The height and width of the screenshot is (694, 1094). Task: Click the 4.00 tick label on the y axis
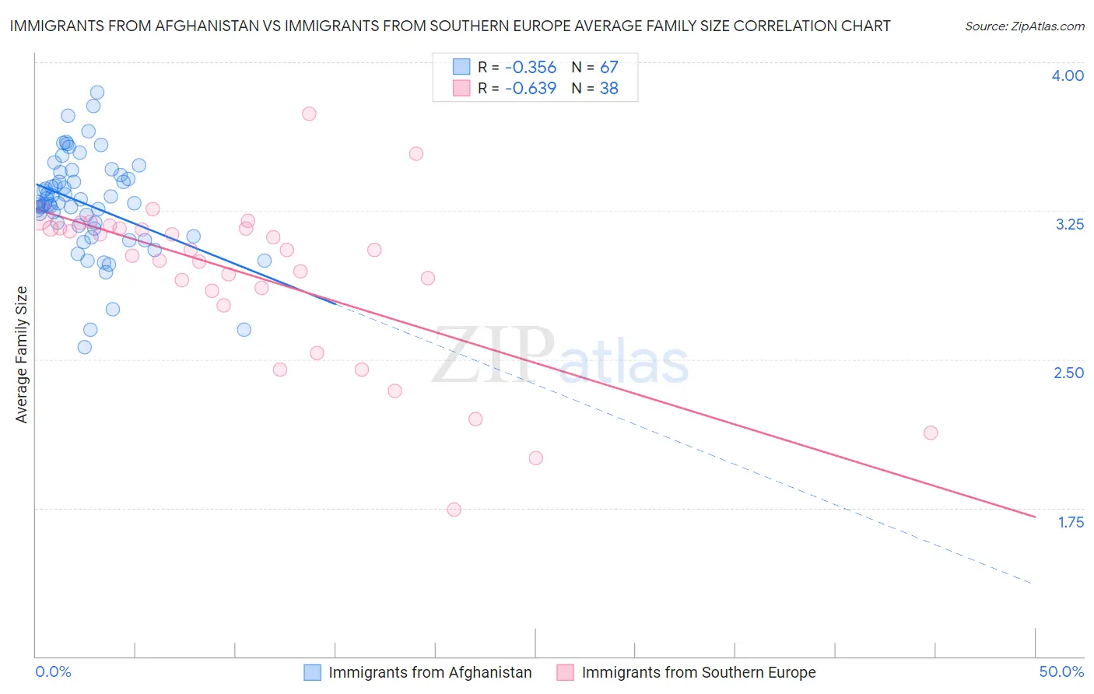click(1068, 75)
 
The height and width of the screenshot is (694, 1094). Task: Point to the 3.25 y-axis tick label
click(1069, 224)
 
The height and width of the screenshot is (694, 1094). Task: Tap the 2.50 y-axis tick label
click(1068, 373)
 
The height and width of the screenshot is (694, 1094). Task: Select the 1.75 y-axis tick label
click(1071, 522)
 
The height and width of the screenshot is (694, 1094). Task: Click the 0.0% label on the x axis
click(53, 671)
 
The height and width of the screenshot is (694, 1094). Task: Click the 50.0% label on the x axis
click(1061, 671)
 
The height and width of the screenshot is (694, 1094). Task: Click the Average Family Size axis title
click(22, 355)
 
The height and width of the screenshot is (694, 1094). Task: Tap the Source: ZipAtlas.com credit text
click(1024, 26)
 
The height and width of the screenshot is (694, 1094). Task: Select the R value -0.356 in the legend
click(531, 68)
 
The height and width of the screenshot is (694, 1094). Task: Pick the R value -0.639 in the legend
click(531, 89)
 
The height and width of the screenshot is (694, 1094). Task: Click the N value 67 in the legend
click(608, 68)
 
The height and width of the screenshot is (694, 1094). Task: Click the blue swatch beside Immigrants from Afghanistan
click(312, 672)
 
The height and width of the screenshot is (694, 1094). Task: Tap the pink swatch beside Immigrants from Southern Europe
click(566, 672)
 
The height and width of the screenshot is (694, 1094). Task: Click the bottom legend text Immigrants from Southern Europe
click(699, 672)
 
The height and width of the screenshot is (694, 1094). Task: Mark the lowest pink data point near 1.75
click(454, 510)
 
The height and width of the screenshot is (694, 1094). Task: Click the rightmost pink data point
click(931, 433)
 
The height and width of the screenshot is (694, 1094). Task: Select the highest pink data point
click(309, 114)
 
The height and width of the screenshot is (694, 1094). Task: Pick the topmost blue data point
click(97, 93)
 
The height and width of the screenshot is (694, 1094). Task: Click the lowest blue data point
click(85, 347)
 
